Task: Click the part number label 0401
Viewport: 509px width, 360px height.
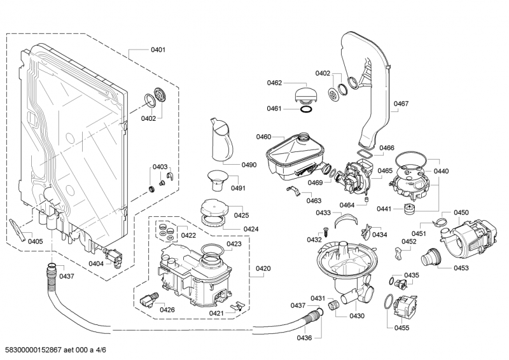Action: (x=158, y=50)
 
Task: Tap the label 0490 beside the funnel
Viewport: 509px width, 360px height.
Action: (x=249, y=165)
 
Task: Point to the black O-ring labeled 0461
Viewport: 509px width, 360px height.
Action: (x=306, y=109)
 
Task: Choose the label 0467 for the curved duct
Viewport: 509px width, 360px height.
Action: (x=401, y=104)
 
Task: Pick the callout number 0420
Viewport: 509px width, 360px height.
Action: (x=263, y=268)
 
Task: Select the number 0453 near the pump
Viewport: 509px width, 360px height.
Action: (x=461, y=268)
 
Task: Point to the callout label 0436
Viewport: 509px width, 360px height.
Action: (x=304, y=337)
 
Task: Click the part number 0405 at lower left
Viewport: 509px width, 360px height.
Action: (x=35, y=241)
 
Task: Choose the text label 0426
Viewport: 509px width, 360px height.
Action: (x=167, y=310)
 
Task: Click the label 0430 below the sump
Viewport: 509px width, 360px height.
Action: (x=357, y=316)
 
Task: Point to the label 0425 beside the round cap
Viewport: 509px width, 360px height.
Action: (x=241, y=216)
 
